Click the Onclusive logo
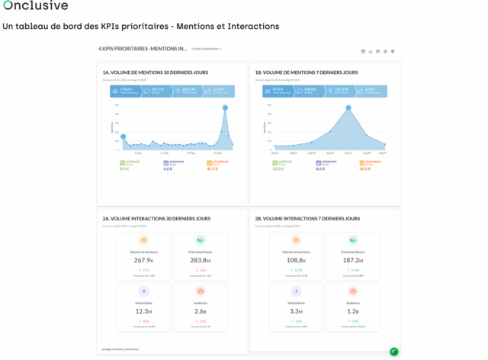[35, 6]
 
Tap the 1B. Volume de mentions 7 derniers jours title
[307, 72]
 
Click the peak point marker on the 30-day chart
[225, 108]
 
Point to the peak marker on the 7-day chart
[348, 108]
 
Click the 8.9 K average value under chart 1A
[125, 169]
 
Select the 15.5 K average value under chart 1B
[278, 169]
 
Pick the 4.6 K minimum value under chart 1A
[169, 169]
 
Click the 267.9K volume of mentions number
[143, 260]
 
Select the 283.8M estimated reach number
[200, 260]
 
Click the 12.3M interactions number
[143, 311]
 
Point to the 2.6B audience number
[200, 311]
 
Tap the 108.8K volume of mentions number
[296, 260]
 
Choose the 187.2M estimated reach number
[353, 260]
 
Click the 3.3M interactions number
[296, 311]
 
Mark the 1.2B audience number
[353, 311]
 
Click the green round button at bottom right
[394, 352]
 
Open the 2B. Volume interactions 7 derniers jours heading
[307, 219]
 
